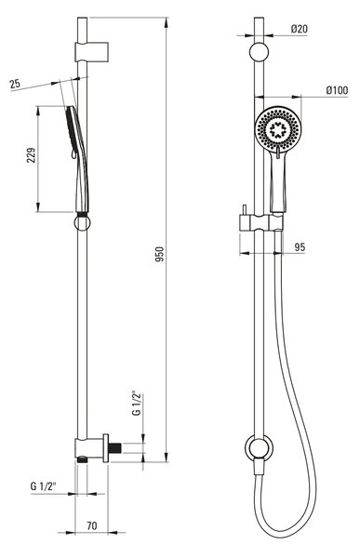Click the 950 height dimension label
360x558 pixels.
click(161, 254)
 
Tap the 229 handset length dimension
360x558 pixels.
click(32, 155)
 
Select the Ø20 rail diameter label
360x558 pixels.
click(300, 29)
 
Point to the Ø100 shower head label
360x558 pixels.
click(337, 90)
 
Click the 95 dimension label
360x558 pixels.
click(300, 247)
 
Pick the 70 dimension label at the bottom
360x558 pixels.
click(92, 525)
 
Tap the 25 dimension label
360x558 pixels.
click(15, 84)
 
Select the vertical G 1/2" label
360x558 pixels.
click(137, 404)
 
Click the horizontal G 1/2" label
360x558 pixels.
click(43, 486)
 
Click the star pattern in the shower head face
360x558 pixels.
click(277, 129)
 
